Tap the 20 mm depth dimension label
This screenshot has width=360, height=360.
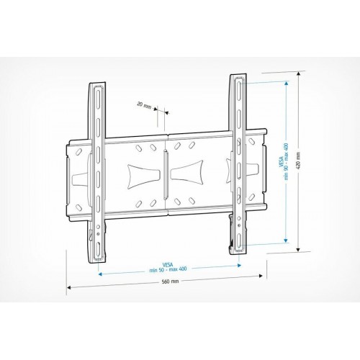tap(146, 104)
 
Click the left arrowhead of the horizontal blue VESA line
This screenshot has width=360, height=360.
tap(99, 274)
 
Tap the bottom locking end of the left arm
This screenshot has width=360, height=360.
tap(96, 241)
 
